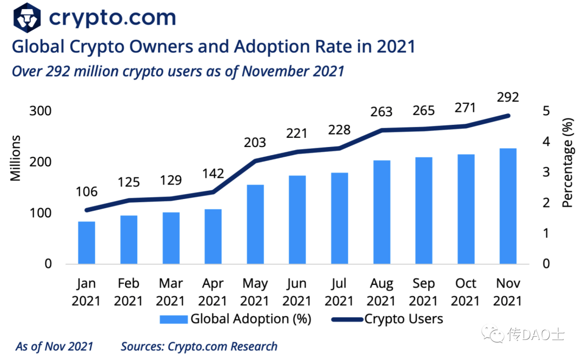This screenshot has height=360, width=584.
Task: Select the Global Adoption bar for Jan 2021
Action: point(87,243)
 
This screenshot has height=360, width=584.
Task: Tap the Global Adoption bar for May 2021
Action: point(255,224)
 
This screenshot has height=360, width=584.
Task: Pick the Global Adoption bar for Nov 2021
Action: point(508,206)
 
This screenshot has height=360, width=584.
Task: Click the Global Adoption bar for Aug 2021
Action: point(381,212)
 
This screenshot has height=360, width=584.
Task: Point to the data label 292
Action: point(508,97)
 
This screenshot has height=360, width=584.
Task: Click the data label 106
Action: point(87,191)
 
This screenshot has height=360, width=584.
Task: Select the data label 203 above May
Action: point(255,142)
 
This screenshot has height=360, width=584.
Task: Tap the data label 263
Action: point(381,111)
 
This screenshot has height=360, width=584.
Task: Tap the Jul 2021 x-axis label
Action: point(340,292)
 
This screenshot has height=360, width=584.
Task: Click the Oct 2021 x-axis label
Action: point(466,292)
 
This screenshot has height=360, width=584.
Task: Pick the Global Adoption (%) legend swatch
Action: point(174,319)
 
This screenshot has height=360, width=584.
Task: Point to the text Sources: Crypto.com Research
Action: point(199,346)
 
